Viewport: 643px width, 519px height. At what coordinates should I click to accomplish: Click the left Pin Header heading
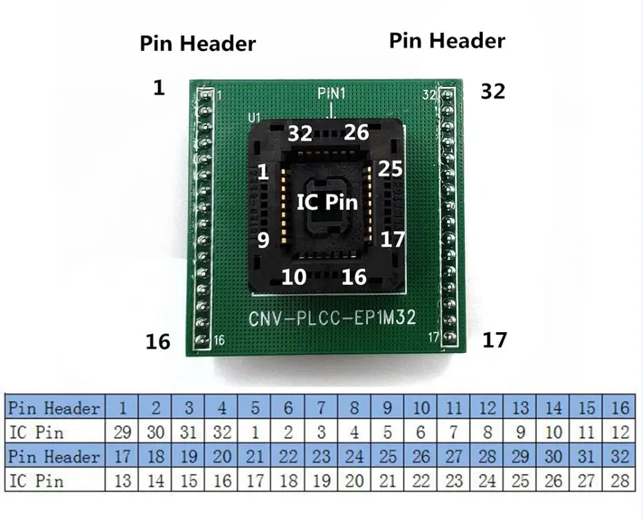198,43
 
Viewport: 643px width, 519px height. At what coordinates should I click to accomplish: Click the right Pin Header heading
446,41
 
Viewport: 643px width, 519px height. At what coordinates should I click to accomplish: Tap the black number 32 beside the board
493,91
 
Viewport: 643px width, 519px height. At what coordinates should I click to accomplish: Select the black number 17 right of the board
494,340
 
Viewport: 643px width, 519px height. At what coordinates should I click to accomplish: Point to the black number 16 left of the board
158,341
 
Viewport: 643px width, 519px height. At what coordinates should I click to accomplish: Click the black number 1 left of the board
159,88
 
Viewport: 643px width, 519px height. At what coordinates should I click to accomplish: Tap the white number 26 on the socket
357,132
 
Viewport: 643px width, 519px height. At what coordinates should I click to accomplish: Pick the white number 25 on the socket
390,169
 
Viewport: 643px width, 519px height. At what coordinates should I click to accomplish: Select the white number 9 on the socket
262,241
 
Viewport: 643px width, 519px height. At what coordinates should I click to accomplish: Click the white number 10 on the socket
294,277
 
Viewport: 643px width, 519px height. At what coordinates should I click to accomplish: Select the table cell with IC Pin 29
123,433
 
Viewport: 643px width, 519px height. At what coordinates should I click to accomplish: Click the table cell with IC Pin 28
620,480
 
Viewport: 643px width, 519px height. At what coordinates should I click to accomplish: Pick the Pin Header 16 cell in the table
620,407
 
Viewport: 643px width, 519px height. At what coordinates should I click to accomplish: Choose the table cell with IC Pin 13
123,480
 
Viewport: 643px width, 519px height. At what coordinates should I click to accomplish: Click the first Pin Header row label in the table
54,407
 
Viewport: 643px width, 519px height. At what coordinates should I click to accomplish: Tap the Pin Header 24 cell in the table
355,456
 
